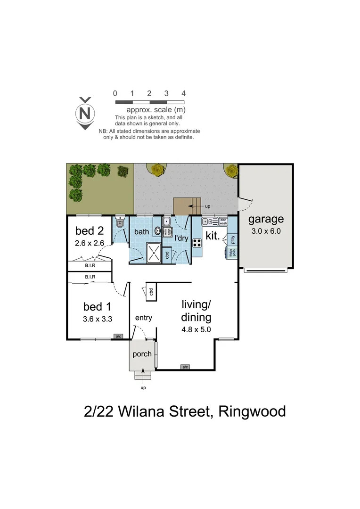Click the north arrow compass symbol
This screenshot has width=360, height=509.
coord(85,113)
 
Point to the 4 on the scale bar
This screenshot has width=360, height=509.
coord(183,93)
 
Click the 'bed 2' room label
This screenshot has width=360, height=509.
coord(90,231)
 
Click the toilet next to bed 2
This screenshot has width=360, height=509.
coord(119,225)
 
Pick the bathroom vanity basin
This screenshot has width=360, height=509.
coord(157,232)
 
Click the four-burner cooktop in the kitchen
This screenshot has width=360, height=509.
coord(197,243)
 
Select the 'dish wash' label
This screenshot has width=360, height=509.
coord(223,221)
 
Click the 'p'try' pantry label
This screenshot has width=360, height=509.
coord(232,240)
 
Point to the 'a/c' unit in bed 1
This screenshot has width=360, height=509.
coord(117,337)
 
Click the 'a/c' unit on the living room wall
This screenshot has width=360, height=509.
coord(185,367)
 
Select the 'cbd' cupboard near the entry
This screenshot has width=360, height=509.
coord(151,292)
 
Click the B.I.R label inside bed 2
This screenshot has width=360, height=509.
coord(90,265)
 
